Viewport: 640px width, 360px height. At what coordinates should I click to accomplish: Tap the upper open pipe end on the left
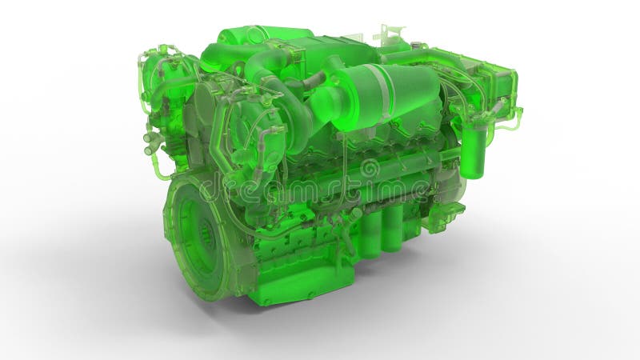(x=148, y=138)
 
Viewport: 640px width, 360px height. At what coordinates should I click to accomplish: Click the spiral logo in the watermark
(x=370, y=169)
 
